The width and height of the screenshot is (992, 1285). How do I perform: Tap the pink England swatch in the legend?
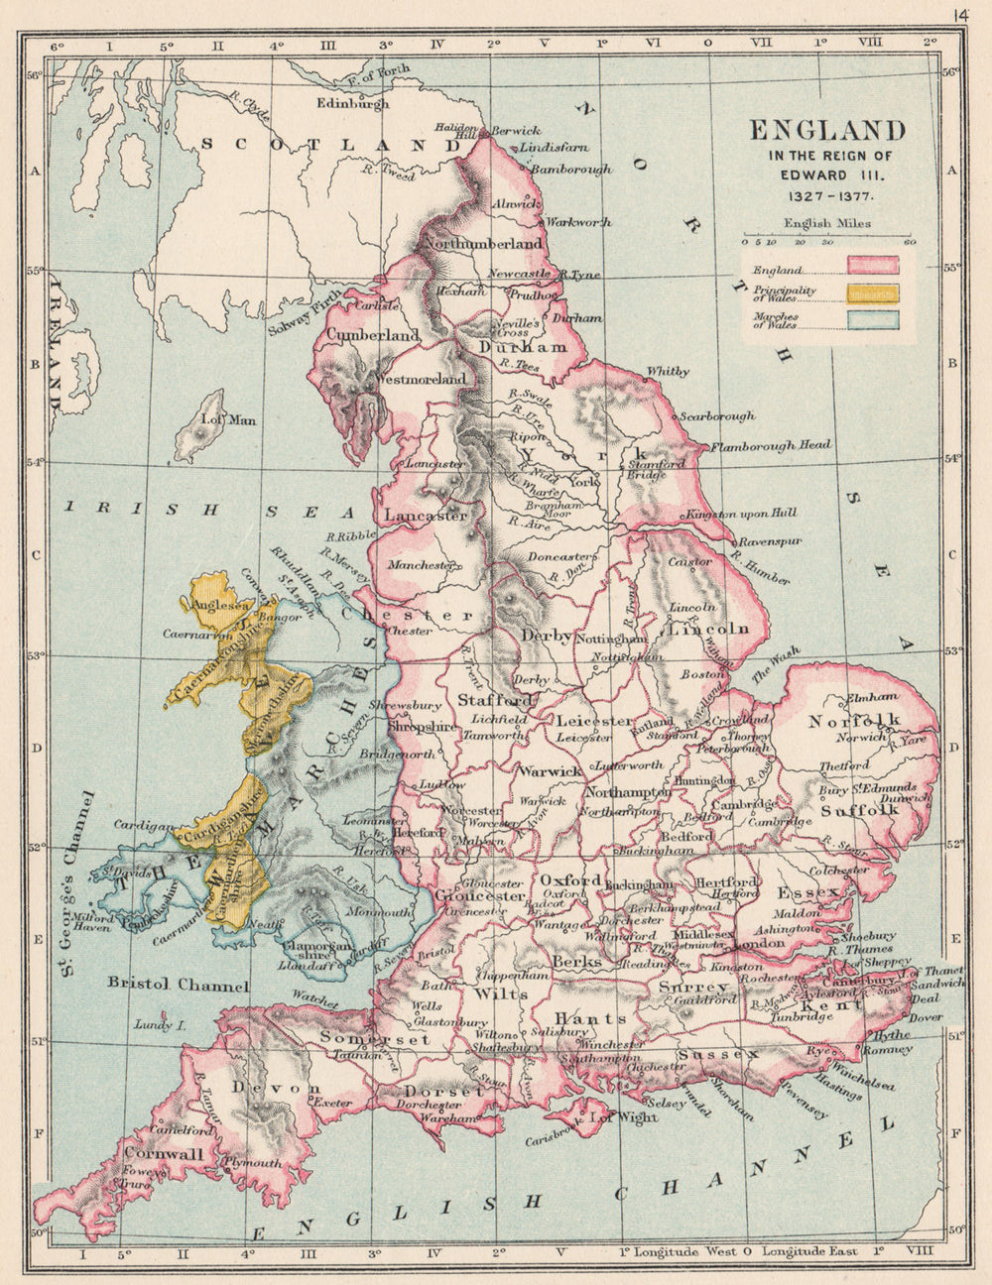872,265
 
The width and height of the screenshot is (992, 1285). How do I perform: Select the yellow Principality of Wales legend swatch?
872,292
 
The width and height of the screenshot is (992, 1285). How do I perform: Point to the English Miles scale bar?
826,240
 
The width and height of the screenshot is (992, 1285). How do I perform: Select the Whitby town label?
667,372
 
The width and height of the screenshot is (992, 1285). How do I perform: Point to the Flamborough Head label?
770,445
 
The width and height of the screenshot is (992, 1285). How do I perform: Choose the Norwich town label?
860,738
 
